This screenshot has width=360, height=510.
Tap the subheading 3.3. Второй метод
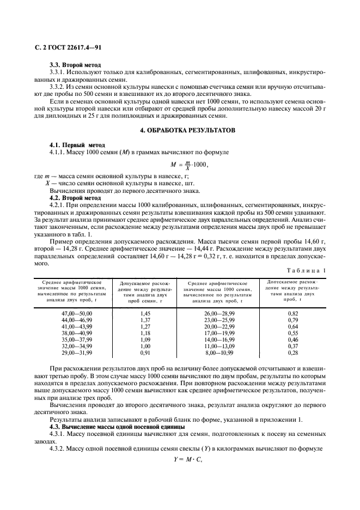(x=72, y=65)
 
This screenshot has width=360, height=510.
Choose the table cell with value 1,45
(x=145, y=313)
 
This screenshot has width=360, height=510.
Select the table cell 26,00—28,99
(x=219, y=313)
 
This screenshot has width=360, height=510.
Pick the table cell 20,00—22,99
(x=219, y=326)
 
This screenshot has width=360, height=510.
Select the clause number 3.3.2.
(x=59, y=86)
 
